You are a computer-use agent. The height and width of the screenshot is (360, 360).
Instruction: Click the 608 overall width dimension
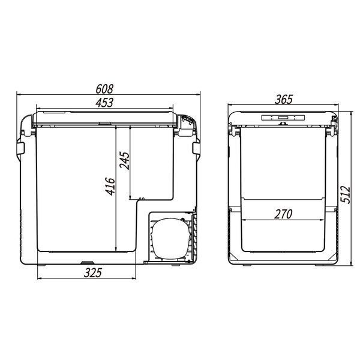pos(104,89)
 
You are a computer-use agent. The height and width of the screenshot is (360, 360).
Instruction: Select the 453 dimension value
pos(104,103)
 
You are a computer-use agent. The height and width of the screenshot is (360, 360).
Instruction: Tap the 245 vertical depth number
pos(125,160)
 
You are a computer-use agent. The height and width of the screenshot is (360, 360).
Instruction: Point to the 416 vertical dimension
pos(110,187)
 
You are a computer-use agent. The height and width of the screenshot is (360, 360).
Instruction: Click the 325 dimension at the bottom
pos(93,273)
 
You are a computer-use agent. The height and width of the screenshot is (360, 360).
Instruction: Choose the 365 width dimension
pos(284,100)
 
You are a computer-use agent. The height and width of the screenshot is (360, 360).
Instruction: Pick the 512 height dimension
pos(346,194)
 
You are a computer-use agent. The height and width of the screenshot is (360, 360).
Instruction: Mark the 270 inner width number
pos(283,214)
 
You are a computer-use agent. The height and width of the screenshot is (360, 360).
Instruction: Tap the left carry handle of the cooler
pos(20,148)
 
